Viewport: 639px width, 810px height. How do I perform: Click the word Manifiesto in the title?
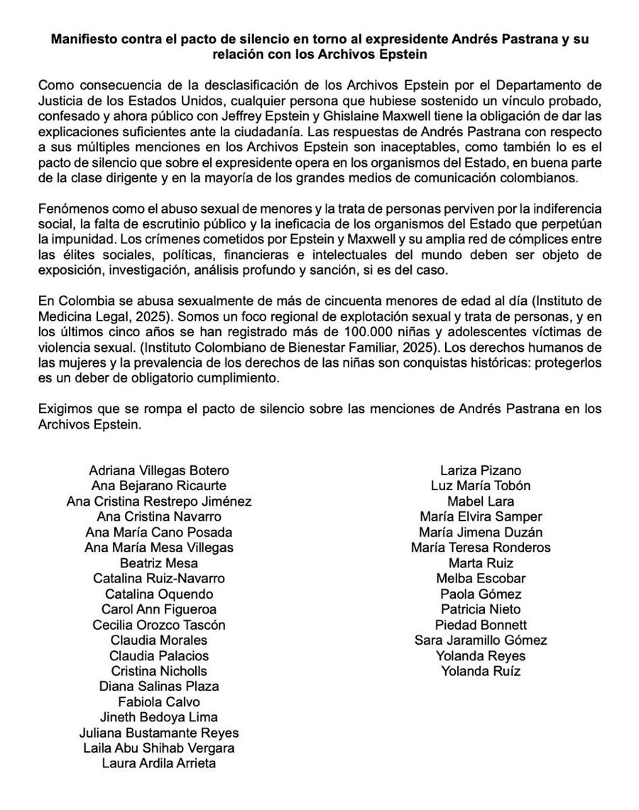click(x=83, y=38)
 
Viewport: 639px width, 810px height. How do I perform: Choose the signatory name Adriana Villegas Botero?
click(x=159, y=470)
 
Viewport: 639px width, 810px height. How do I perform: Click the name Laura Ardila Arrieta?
click(x=159, y=763)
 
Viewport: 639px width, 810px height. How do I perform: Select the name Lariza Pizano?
click(x=481, y=470)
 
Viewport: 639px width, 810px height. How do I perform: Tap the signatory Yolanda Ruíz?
click(x=481, y=671)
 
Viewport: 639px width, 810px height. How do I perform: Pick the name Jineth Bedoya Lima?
click(x=159, y=717)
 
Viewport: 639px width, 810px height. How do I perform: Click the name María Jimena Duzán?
click(x=481, y=532)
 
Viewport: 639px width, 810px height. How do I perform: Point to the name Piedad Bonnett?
click(x=481, y=625)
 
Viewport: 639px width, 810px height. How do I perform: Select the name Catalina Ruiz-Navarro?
click(x=159, y=578)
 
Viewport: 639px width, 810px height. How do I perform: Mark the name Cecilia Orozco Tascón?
click(x=159, y=625)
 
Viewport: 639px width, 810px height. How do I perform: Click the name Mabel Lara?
click(x=481, y=501)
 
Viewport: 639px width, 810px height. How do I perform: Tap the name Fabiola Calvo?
click(x=159, y=701)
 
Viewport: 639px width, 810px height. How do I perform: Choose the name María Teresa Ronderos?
click(x=481, y=548)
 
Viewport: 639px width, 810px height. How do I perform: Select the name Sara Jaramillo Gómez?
click(x=481, y=640)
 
